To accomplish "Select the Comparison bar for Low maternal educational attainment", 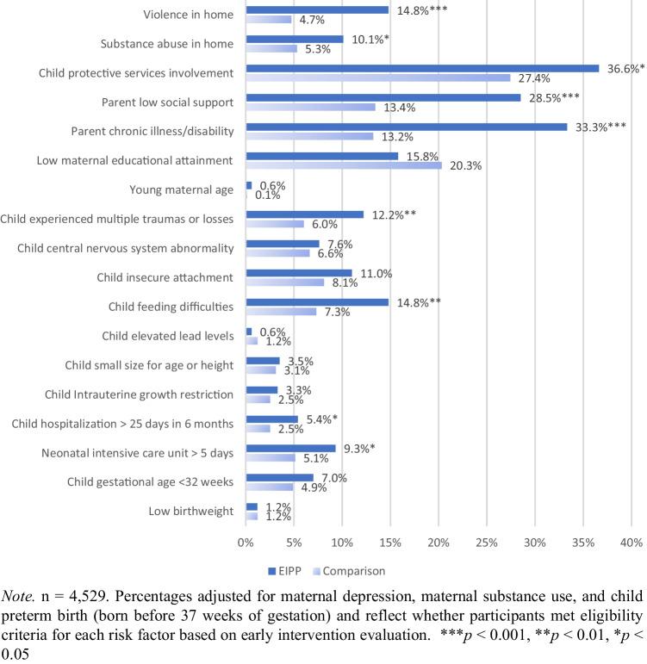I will (343, 165).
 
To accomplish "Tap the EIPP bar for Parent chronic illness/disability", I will (407, 127).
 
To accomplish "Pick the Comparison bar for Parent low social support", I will (310, 107).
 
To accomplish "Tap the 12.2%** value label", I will (393, 214).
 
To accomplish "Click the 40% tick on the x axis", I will (631, 543).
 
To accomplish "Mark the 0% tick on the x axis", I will (246, 543).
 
